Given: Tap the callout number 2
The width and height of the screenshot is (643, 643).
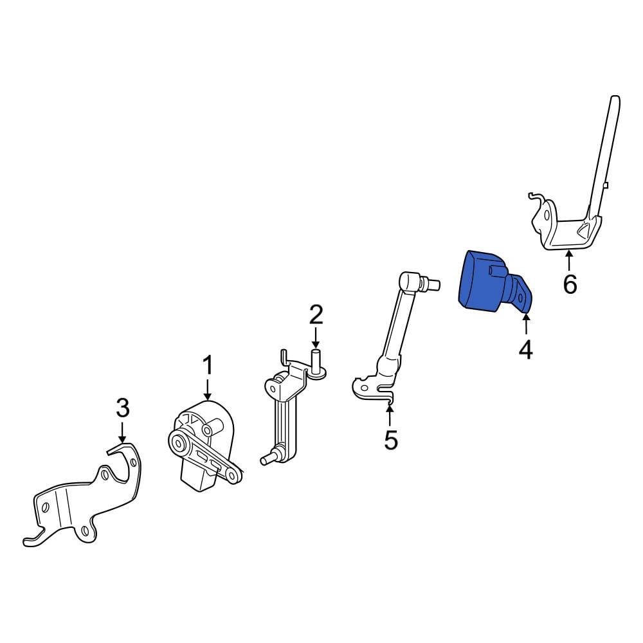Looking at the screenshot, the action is point(316,314).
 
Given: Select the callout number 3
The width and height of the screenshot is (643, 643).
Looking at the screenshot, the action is point(123,408).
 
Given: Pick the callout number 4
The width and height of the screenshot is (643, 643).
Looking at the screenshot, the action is point(526,350).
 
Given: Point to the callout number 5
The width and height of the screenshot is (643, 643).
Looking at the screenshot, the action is point(391,440).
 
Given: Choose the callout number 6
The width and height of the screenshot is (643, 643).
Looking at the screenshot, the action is point(570,284).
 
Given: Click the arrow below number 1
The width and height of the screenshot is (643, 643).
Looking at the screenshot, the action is point(208,390).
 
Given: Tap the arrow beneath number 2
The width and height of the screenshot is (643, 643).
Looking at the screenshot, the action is point(315,338).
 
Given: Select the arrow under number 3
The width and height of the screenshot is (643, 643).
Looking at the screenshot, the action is point(122,433).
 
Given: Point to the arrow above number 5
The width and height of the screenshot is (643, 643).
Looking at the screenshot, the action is point(390,415).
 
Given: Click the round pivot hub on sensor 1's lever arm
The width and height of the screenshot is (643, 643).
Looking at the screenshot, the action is point(179,443).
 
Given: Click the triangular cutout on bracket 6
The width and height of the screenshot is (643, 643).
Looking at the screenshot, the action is point(584,232).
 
